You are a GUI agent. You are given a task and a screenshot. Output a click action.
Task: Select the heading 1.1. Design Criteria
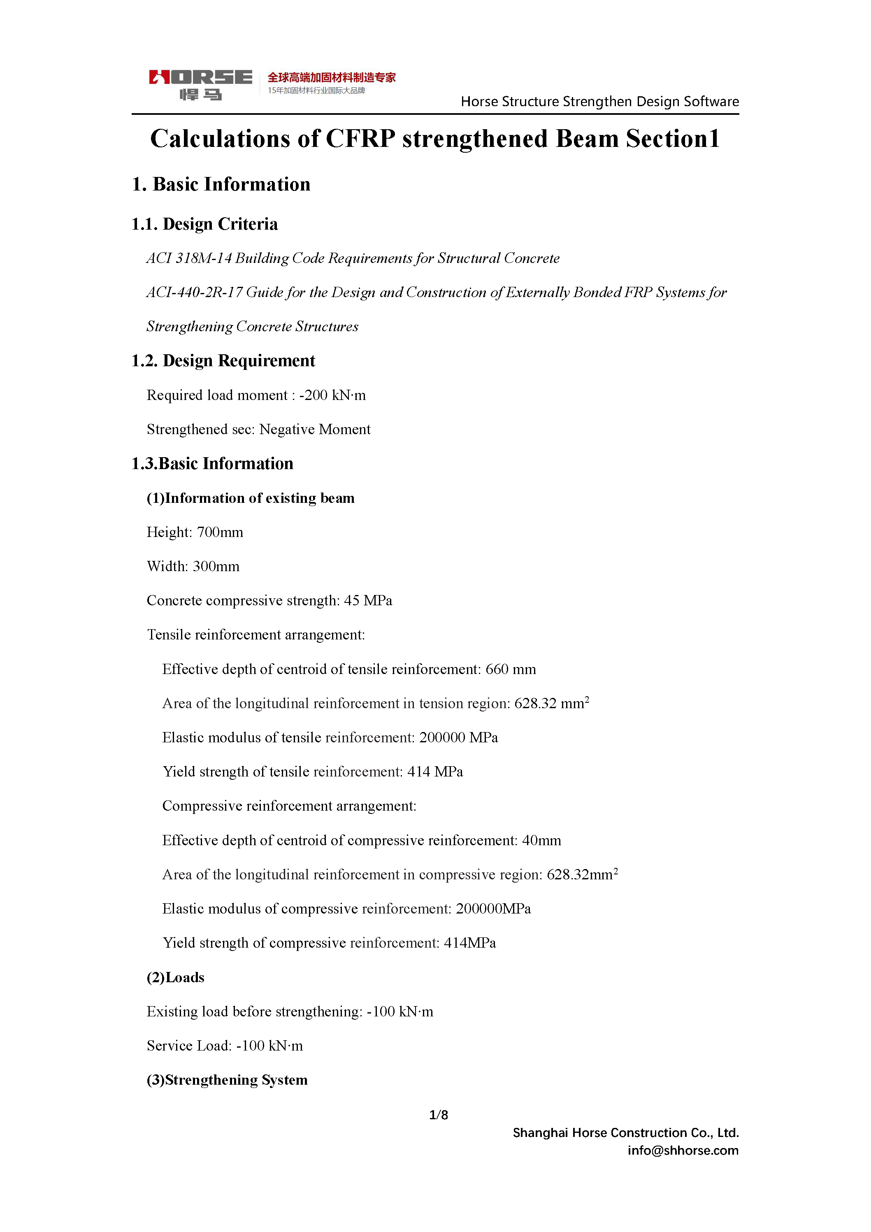pyautogui.click(x=204, y=224)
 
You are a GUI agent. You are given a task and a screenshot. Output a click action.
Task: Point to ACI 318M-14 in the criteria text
pyautogui.click(x=189, y=259)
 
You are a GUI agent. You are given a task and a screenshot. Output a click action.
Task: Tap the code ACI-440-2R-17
pyautogui.click(x=194, y=293)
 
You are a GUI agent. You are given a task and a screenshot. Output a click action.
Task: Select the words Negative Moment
pyautogui.click(x=315, y=430)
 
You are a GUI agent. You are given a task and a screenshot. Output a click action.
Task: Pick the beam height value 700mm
pyautogui.click(x=220, y=532)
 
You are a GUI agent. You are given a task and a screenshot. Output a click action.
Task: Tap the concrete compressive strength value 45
pyautogui.click(x=351, y=601)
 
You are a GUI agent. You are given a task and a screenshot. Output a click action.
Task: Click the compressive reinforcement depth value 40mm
pyautogui.click(x=541, y=841)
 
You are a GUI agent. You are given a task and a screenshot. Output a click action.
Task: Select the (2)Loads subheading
pyautogui.click(x=176, y=978)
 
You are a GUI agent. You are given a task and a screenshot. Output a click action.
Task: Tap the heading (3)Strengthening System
pyautogui.click(x=227, y=1080)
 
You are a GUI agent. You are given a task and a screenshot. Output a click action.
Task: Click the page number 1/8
pyautogui.click(x=439, y=1115)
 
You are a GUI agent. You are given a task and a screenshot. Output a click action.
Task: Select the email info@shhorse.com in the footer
pyautogui.click(x=683, y=1151)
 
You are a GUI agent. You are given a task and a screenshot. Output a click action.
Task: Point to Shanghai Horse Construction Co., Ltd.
pyautogui.click(x=626, y=1133)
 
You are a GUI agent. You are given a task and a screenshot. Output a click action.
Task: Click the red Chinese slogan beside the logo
pyautogui.click(x=332, y=77)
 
